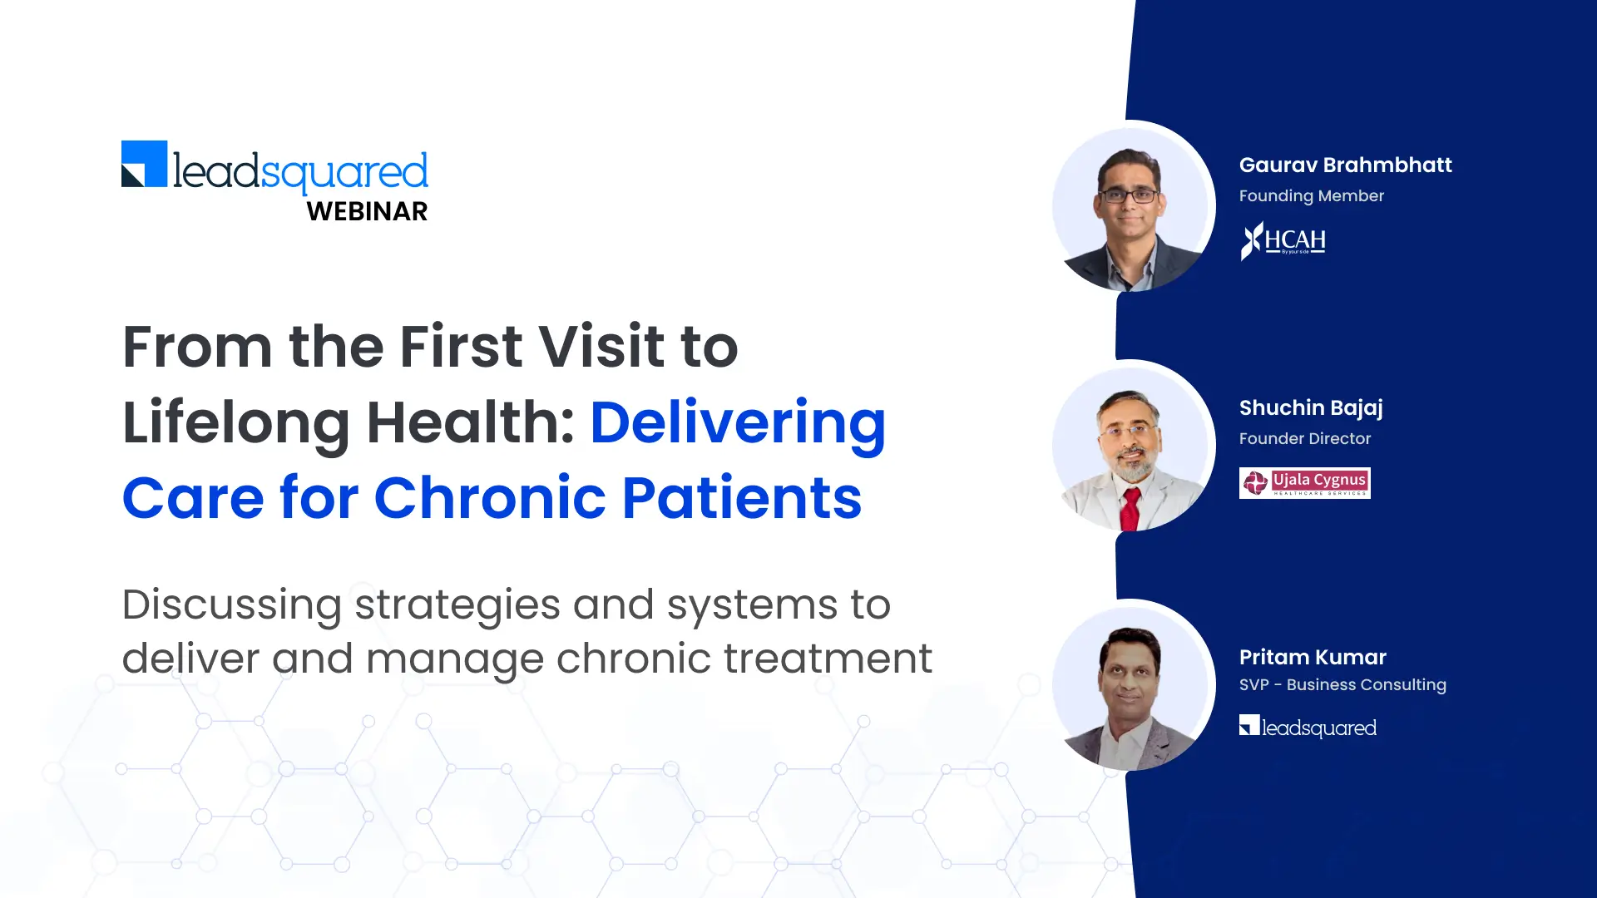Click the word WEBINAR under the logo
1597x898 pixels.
[x=367, y=211]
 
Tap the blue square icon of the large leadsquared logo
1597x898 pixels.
[x=145, y=164]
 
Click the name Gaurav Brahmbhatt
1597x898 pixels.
[x=1345, y=165]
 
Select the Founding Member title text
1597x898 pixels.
[x=1312, y=196]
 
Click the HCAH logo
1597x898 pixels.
[x=1283, y=241]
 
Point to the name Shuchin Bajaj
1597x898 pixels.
[x=1311, y=408]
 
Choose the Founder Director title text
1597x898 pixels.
[x=1305, y=438]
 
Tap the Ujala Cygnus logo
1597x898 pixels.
[x=1305, y=483]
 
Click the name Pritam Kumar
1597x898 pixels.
[x=1313, y=657]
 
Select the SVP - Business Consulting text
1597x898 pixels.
[x=1342, y=685]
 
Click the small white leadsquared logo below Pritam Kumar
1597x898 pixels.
[x=1308, y=727]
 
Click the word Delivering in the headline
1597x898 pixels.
[x=738, y=424]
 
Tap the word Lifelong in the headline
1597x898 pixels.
[x=236, y=424]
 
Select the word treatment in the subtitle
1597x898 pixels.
[x=828, y=659]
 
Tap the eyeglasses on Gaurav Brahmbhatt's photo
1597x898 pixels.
[x=1128, y=196]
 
